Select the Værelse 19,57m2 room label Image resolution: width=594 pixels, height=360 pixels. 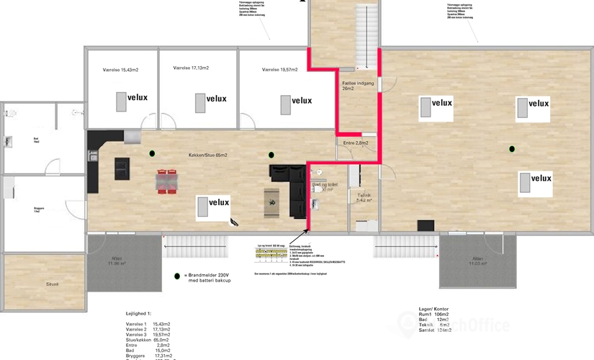pos(281,69)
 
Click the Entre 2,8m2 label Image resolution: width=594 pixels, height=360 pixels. pos(355,143)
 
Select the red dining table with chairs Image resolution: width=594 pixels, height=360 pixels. pos(167,181)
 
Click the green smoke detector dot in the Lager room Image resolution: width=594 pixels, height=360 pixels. pos(512,149)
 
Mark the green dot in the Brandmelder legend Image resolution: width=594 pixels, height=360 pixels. pos(177,276)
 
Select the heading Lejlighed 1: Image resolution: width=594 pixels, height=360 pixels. pos(139,314)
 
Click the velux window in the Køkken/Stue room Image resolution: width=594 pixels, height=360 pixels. pos(213,207)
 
